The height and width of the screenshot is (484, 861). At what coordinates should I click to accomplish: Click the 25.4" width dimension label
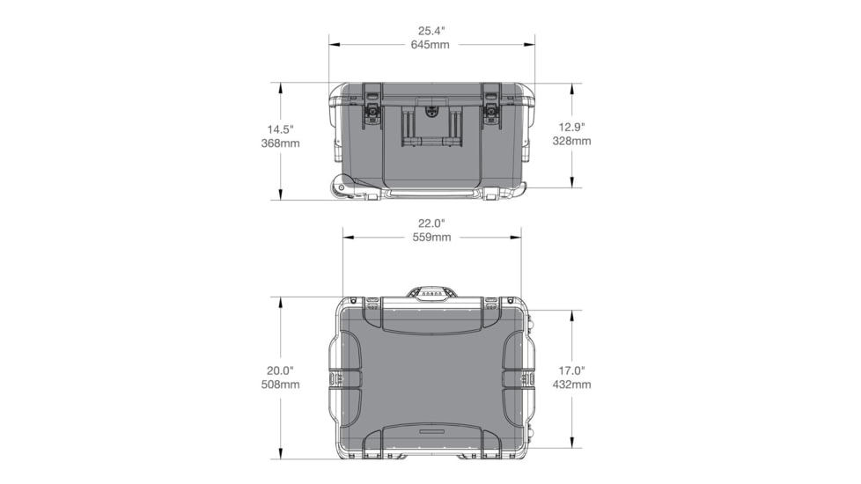point(430,30)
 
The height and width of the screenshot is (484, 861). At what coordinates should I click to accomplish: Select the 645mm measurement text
point(430,44)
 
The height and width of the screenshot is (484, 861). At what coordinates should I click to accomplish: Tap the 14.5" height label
point(280,128)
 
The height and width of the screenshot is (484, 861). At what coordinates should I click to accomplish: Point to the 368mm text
point(280,143)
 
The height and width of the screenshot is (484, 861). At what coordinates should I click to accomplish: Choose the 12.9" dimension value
point(571,126)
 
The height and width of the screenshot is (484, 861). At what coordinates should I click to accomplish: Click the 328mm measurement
point(571,140)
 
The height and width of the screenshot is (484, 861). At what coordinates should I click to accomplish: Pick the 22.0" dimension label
point(431,223)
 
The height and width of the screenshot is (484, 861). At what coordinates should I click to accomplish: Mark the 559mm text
point(431,237)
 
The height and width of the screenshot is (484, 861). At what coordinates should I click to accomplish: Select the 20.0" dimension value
point(280,370)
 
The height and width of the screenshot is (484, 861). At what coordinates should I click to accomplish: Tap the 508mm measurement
point(280,385)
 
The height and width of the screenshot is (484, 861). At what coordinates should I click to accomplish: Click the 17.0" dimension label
point(571,370)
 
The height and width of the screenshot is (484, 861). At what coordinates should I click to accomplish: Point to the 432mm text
point(571,385)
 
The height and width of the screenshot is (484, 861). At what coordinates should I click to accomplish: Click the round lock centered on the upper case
point(431,112)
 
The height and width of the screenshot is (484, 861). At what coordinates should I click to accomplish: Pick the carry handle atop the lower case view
point(431,292)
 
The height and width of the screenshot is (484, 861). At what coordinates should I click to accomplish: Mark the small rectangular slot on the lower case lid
point(431,433)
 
